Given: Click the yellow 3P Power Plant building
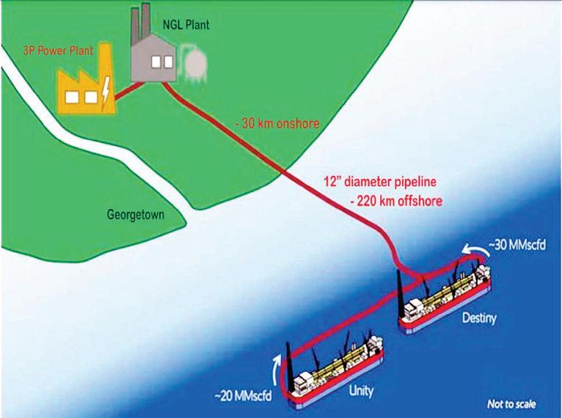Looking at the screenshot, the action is [86, 87].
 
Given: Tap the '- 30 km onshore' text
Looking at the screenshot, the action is [277, 124].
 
